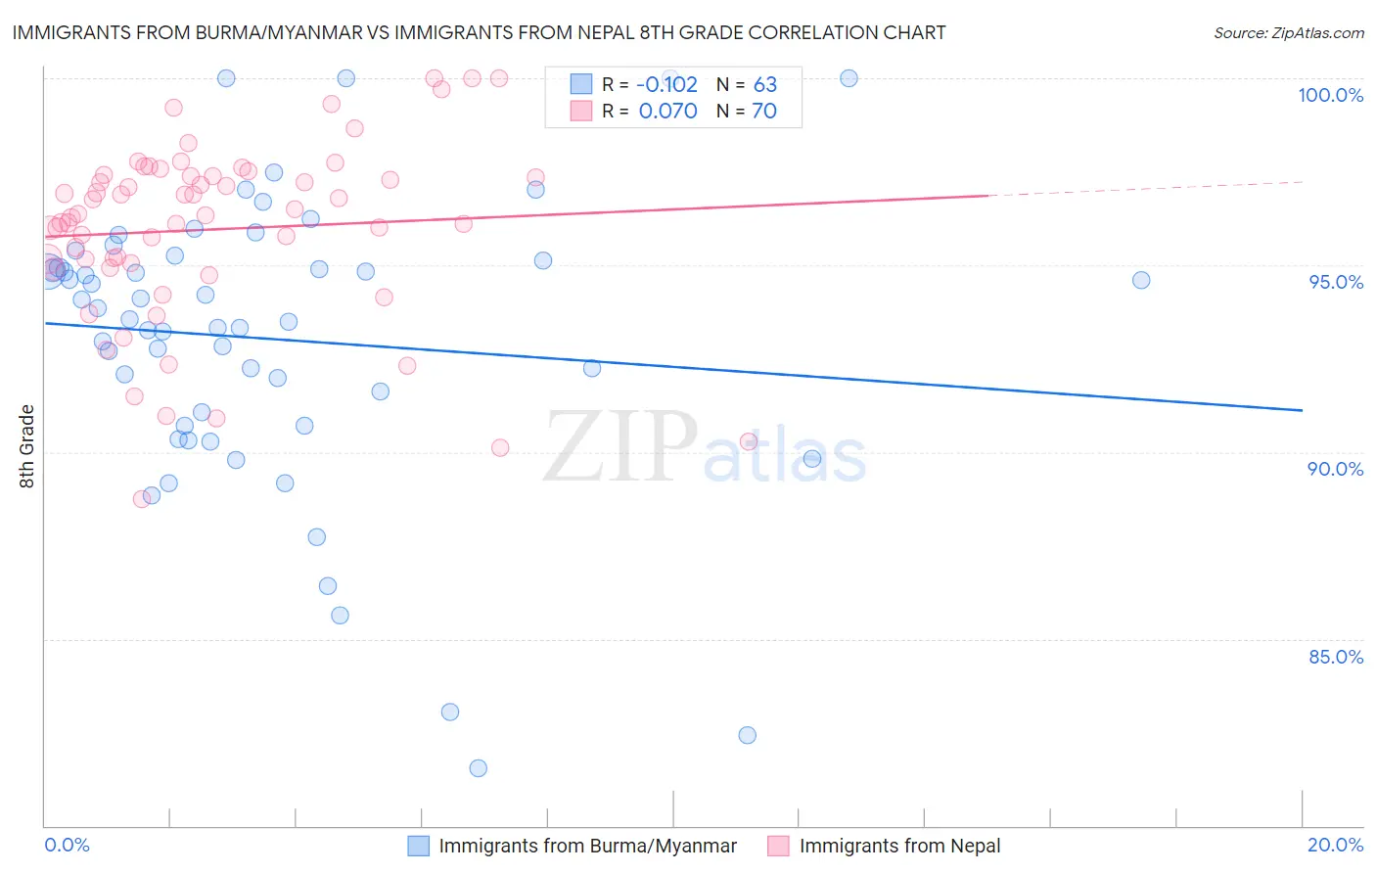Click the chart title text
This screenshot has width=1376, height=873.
(x=479, y=32)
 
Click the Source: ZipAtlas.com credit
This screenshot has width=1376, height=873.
(x=1288, y=32)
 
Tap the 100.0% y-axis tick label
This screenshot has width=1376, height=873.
(x=1330, y=95)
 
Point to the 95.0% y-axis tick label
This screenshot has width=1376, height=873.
(x=1336, y=282)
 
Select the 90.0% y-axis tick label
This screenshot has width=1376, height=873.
(x=1336, y=469)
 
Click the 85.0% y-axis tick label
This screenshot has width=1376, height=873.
(x=1336, y=657)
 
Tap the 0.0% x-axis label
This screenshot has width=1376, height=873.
(x=67, y=845)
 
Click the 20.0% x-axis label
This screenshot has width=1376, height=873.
(x=1335, y=845)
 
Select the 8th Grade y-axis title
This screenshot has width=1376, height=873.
(x=27, y=446)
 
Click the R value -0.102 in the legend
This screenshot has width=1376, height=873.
(x=667, y=84)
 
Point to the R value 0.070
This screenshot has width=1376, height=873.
(x=667, y=112)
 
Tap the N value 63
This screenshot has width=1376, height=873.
(x=764, y=84)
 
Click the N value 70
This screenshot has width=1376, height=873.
(x=764, y=112)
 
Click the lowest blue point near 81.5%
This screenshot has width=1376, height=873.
(x=478, y=768)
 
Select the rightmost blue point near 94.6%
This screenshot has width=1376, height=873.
(x=1141, y=280)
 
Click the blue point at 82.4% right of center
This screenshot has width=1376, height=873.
(x=748, y=735)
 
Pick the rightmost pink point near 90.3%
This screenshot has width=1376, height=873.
(x=749, y=441)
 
